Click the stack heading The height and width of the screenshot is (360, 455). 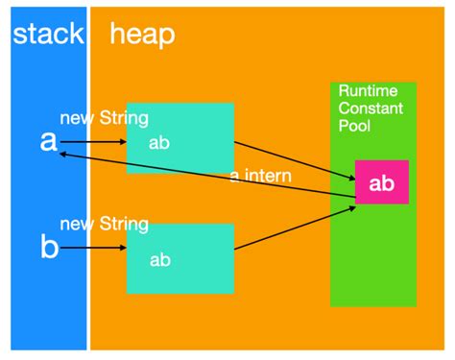pos(47,36)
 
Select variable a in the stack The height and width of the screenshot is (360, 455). pos(48,141)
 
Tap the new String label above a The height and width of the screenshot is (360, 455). pos(104,119)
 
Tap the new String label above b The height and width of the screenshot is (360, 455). pos(104,225)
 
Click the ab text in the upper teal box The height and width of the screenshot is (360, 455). pos(159,141)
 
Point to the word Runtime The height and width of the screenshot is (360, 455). pos(366,89)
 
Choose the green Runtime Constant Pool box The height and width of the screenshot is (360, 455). pos(372,259)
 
